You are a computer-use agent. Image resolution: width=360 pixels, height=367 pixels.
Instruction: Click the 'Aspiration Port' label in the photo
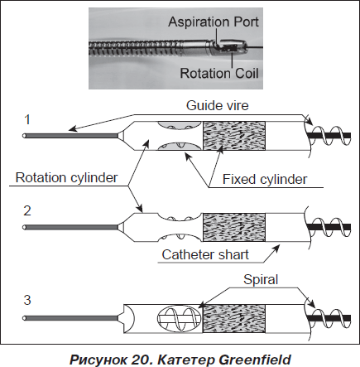coord(214,22)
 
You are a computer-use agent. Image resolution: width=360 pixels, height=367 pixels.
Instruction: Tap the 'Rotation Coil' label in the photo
coord(219,73)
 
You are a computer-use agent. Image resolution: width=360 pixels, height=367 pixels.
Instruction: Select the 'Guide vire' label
coord(218,105)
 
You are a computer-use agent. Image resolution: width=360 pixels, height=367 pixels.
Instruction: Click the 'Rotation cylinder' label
coord(66,177)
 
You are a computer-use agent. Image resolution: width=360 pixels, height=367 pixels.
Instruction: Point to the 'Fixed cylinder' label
coord(265,180)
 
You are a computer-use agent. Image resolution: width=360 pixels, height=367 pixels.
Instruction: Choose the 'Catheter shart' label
coord(205,254)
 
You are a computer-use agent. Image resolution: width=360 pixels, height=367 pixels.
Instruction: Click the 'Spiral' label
coord(261,280)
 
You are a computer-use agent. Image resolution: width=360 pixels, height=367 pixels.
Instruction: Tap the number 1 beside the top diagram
coord(27,120)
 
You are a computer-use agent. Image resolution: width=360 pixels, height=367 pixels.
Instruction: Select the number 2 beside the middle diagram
coord(27,211)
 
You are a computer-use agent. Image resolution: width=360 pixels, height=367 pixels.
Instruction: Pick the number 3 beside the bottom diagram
coord(27,300)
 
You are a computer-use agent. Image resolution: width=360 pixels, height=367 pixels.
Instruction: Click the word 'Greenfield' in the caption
coord(255,360)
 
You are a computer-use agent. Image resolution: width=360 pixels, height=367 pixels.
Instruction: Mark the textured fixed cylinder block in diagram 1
coord(234,136)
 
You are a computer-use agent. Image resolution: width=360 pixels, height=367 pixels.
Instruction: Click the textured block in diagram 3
coord(234,318)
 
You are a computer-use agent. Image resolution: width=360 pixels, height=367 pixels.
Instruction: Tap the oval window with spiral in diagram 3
coord(180,319)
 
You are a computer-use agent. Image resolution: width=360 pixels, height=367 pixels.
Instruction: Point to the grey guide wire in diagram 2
coord(71,227)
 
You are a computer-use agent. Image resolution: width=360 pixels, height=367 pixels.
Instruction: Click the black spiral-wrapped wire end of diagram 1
coord(329,136)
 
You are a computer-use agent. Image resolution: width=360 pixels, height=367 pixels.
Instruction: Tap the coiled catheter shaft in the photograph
coord(134,49)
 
